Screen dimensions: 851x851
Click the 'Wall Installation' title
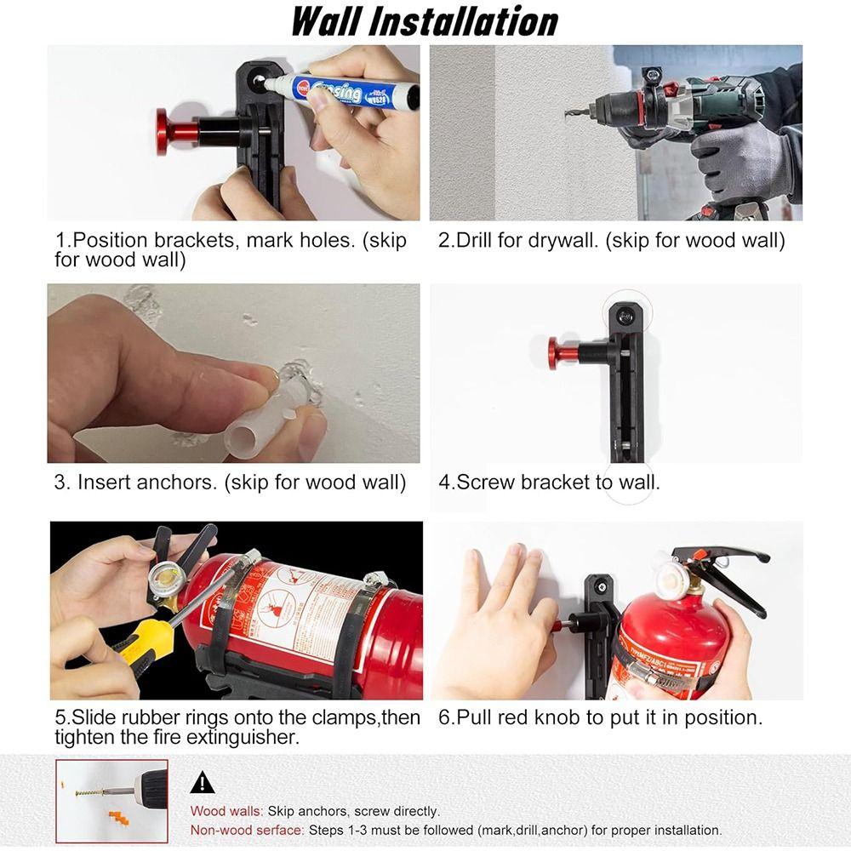pos(425,21)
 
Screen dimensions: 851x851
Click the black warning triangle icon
pos(202,782)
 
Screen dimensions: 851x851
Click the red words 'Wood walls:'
pos(226,811)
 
